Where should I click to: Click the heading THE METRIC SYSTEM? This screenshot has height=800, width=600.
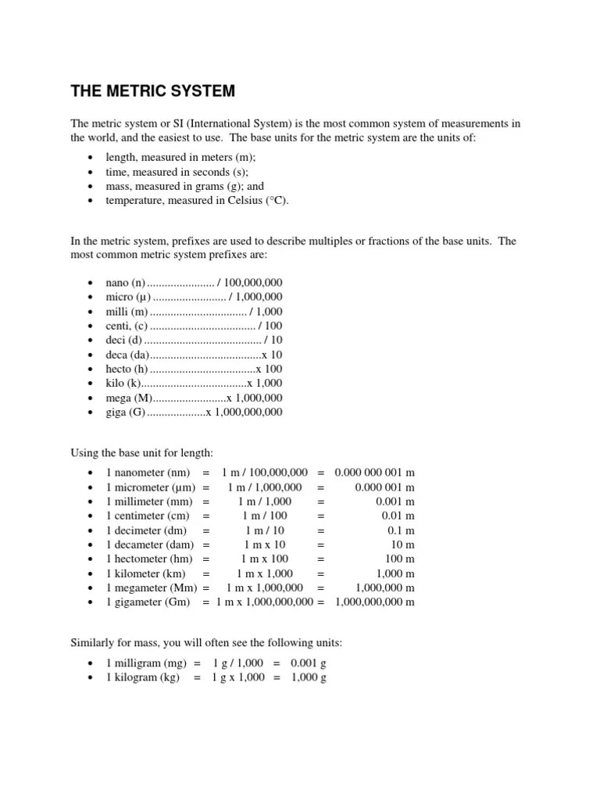[x=152, y=91]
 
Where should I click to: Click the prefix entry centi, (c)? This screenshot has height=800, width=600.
[x=126, y=326]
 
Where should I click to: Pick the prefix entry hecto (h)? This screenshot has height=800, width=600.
[x=127, y=369]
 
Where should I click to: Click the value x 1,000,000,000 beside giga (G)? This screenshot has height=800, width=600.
[x=244, y=412]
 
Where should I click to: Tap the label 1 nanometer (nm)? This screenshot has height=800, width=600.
[x=148, y=473]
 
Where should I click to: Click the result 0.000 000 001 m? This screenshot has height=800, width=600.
[x=374, y=473]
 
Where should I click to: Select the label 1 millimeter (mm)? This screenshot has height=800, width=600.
[x=151, y=502]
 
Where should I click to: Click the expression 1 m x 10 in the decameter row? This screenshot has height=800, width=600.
[x=265, y=545]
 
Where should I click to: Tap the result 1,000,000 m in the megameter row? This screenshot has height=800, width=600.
[x=384, y=587]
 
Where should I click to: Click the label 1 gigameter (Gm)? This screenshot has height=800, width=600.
[x=148, y=602]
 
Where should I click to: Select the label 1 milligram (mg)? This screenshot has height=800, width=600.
[x=142, y=663]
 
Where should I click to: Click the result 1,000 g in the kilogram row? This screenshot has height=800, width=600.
[x=308, y=677]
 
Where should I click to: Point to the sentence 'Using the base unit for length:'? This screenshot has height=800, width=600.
[x=141, y=453]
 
